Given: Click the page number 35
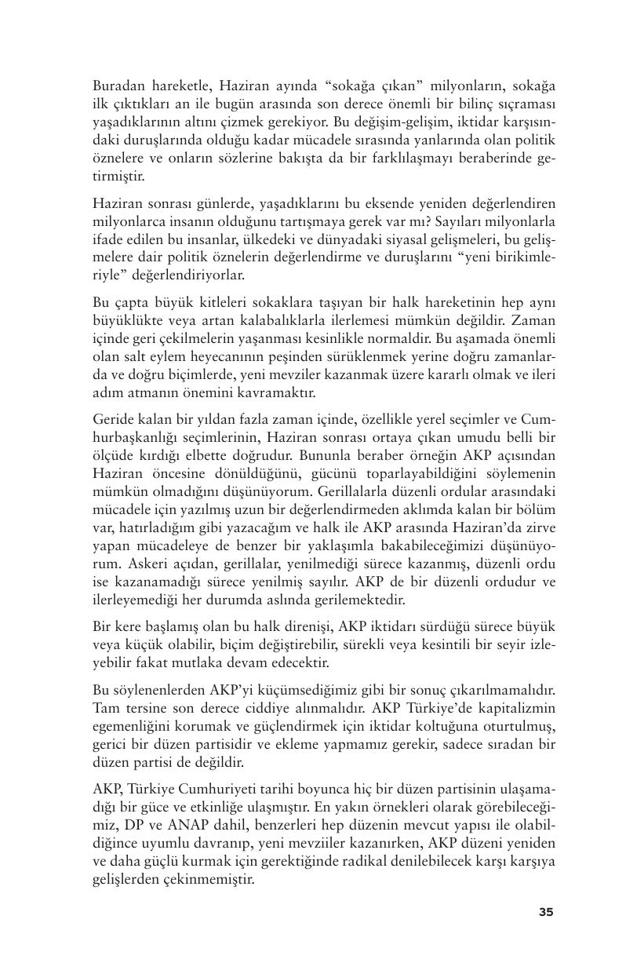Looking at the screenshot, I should tap(546, 912).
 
